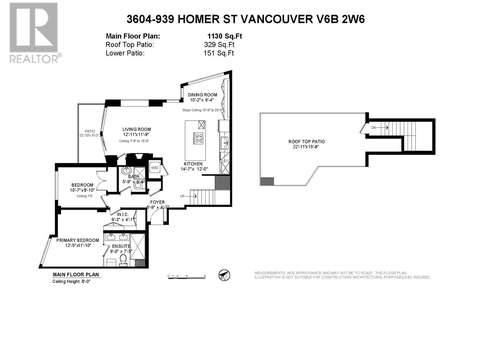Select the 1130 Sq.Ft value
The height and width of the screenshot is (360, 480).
(x=224, y=36)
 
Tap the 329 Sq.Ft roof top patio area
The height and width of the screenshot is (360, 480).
(x=219, y=45)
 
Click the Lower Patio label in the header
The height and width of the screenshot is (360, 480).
(x=125, y=53)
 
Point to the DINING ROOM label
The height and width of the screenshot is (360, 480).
(x=203, y=95)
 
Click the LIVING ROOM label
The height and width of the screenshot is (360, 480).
(x=136, y=130)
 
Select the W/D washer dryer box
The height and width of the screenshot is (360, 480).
(x=155, y=168)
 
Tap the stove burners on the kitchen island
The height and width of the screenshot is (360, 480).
(x=199, y=138)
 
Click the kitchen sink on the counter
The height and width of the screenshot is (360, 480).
(x=224, y=142)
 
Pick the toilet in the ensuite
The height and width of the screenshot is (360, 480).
(x=123, y=259)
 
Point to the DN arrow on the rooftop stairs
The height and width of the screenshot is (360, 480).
(x=380, y=128)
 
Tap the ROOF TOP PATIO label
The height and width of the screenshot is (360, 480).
(x=307, y=142)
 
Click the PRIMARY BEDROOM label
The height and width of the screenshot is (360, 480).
(x=78, y=240)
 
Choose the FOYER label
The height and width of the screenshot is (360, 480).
(x=157, y=202)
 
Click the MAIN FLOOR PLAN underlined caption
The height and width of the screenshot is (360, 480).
(x=76, y=274)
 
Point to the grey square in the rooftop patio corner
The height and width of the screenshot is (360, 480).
(x=267, y=181)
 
